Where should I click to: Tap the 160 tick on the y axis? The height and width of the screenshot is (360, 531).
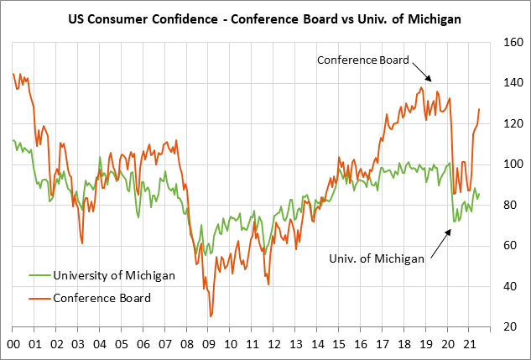click(511, 42)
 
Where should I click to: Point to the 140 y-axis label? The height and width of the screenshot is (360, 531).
click(511, 83)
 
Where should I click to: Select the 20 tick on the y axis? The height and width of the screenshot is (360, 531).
click(511, 327)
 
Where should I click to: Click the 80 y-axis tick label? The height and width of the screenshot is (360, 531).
click(511, 206)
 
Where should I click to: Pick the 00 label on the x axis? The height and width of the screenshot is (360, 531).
click(13, 343)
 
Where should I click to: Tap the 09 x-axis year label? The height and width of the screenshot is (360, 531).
click(209, 343)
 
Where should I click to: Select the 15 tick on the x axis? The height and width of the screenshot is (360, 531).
click(340, 343)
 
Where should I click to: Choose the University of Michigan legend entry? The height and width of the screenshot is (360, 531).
click(113, 275)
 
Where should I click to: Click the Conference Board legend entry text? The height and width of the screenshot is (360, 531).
click(102, 297)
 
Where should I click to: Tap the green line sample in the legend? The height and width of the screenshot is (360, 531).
click(39, 275)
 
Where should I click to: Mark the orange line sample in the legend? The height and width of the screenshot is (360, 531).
click(39, 297)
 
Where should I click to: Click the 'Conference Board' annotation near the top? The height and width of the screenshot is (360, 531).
click(362, 60)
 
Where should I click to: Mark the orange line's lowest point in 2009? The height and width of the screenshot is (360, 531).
click(211, 316)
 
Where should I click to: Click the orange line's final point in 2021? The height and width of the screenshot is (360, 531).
click(479, 109)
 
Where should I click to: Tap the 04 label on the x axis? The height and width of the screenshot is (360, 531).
click(100, 343)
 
